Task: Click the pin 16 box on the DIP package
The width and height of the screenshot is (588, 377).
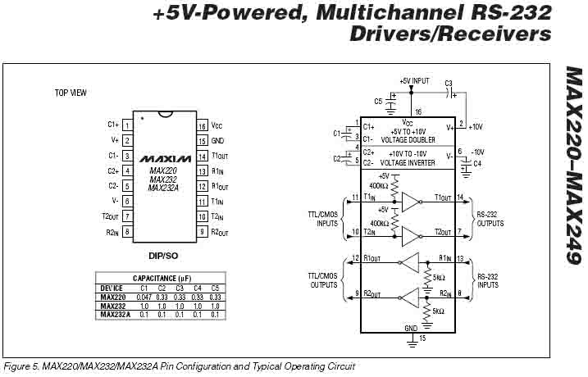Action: (x=201, y=125)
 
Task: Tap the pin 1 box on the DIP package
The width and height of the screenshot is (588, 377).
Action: (x=127, y=125)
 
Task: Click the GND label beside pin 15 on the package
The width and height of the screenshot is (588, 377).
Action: (x=217, y=140)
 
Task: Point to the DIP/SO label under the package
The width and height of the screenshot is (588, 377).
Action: (x=164, y=255)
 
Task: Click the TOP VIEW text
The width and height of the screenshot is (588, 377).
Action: (x=71, y=93)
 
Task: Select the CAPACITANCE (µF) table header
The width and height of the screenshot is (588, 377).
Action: (x=161, y=279)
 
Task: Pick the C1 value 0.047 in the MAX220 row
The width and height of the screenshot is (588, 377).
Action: (x=144, y=297)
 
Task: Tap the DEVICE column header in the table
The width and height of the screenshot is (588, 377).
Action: (x=112, y=288)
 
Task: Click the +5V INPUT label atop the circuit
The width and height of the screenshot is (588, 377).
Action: (x=414, y=82)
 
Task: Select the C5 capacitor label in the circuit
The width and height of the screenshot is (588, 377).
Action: (x=378, y=101)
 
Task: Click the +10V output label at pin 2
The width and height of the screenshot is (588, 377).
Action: (x=476, y=126)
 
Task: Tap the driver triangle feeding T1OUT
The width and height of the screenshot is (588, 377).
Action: (x=410, y=202)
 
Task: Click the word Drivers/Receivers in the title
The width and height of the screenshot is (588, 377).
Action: (x=450, y=34)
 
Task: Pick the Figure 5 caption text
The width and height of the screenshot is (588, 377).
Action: (x=180, y=366)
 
